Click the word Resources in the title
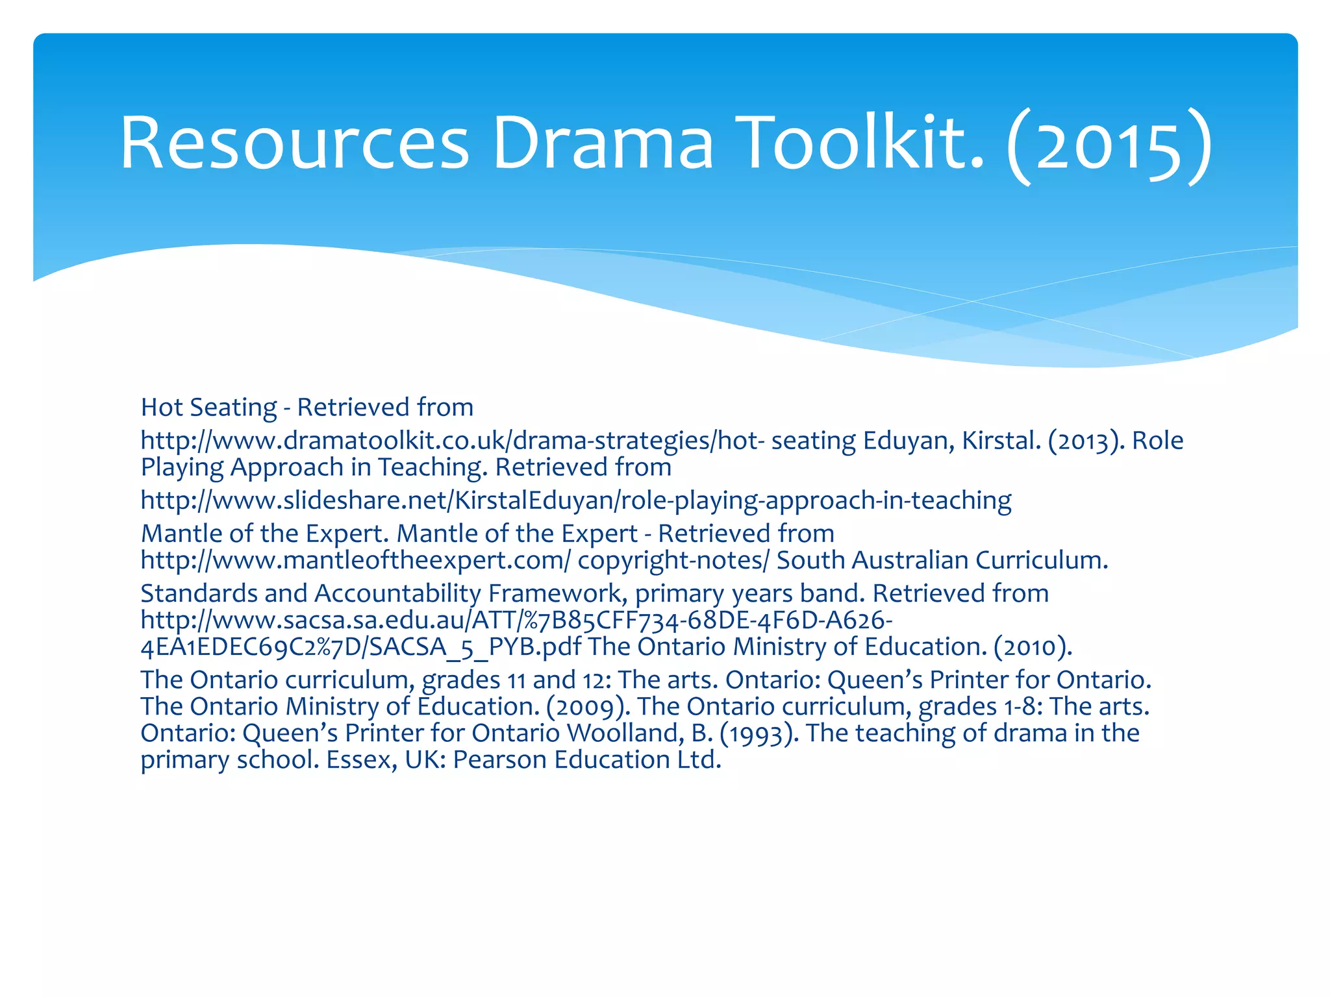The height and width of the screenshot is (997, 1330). [x=294, y=143]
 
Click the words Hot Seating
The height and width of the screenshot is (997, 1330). [x=208, y=408]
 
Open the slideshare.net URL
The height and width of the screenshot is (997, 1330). [x=575, y=500]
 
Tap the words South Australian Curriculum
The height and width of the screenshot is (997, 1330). [x=942, y=560]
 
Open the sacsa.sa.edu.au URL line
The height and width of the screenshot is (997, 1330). [x=516, y=621]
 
